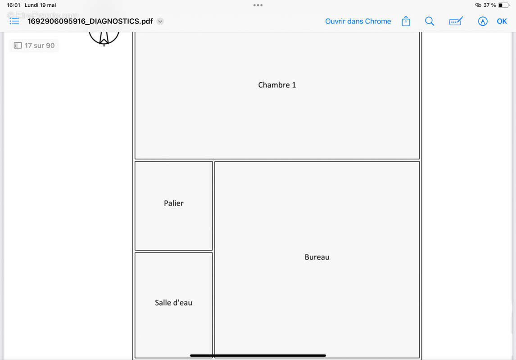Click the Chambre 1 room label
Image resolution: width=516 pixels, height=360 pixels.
(277, 85)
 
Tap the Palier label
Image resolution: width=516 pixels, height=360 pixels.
(173, 203)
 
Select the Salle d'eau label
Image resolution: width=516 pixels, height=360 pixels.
(173, 302)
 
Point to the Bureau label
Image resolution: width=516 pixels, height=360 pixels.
(317, 257)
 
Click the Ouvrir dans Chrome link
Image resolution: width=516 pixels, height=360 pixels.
(358, 21)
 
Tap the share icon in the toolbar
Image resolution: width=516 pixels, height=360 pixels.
(406, 21)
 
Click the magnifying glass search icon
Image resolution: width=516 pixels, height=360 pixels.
(430, 21)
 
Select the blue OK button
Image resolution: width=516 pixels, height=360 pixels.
(502, 21)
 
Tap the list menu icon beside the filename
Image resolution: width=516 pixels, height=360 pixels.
(14, 21)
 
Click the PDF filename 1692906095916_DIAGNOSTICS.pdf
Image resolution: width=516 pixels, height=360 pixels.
(90, 21)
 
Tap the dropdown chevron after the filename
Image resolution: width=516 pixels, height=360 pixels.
(160, 21)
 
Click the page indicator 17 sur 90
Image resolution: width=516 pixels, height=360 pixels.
(34, 45)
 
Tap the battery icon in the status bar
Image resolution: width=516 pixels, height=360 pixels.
(503, 5)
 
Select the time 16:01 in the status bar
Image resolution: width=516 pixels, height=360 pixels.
(14, 5)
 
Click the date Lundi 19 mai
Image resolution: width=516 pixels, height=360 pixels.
(40, 5)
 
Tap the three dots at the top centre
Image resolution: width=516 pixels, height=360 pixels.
(258, 5)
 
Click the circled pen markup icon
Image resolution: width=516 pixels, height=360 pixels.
(483, 21)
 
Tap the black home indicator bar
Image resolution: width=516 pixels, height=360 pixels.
(258, 355)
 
